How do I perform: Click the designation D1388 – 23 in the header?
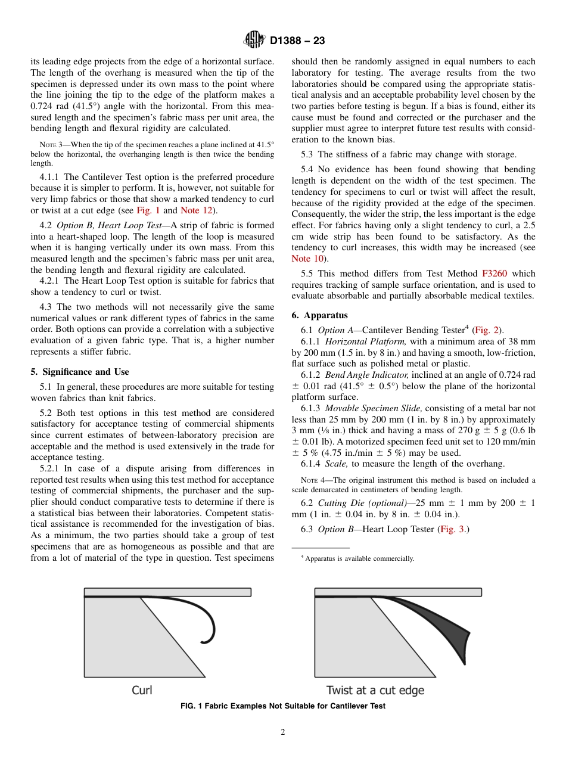click(x=297, y=41)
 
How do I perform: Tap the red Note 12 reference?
click(x=196, y=210)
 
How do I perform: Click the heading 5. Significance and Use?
click(x=79, y=372)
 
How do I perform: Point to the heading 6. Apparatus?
click(x=319, y=315)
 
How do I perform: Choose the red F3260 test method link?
click(x=494, y=274)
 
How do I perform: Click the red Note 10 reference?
click(x=309, y=258)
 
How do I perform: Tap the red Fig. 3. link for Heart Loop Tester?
click(x=453, y=529)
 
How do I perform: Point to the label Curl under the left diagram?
click(x=142, y=690)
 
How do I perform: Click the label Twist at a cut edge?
click(x=375, y=690)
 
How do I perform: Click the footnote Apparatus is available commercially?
click(x=359, y=558)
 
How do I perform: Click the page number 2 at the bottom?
click(x=283, y=732)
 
